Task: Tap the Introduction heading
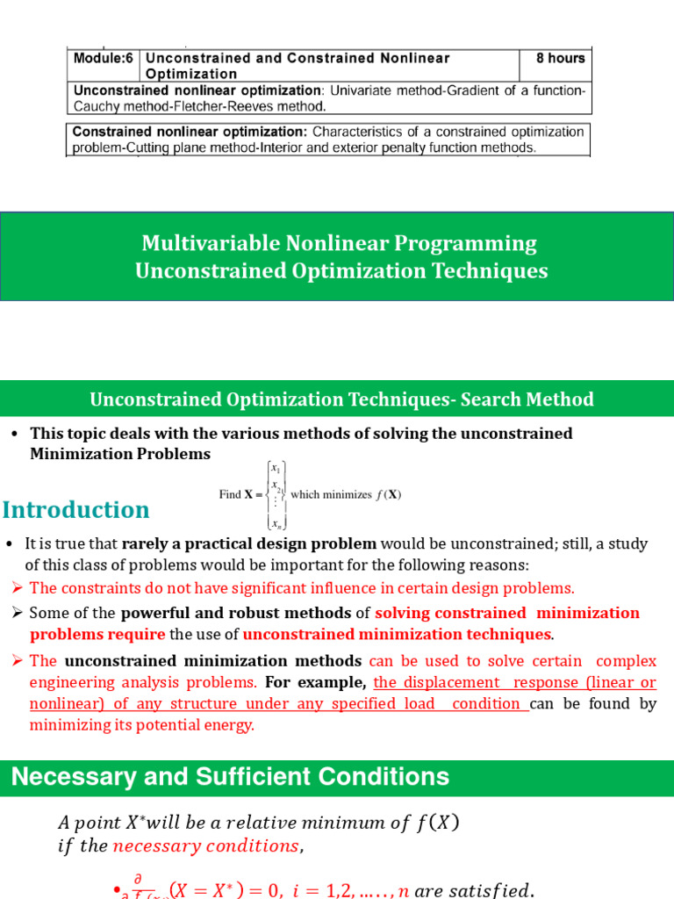coord(76,510)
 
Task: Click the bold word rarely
coord(144,543)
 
